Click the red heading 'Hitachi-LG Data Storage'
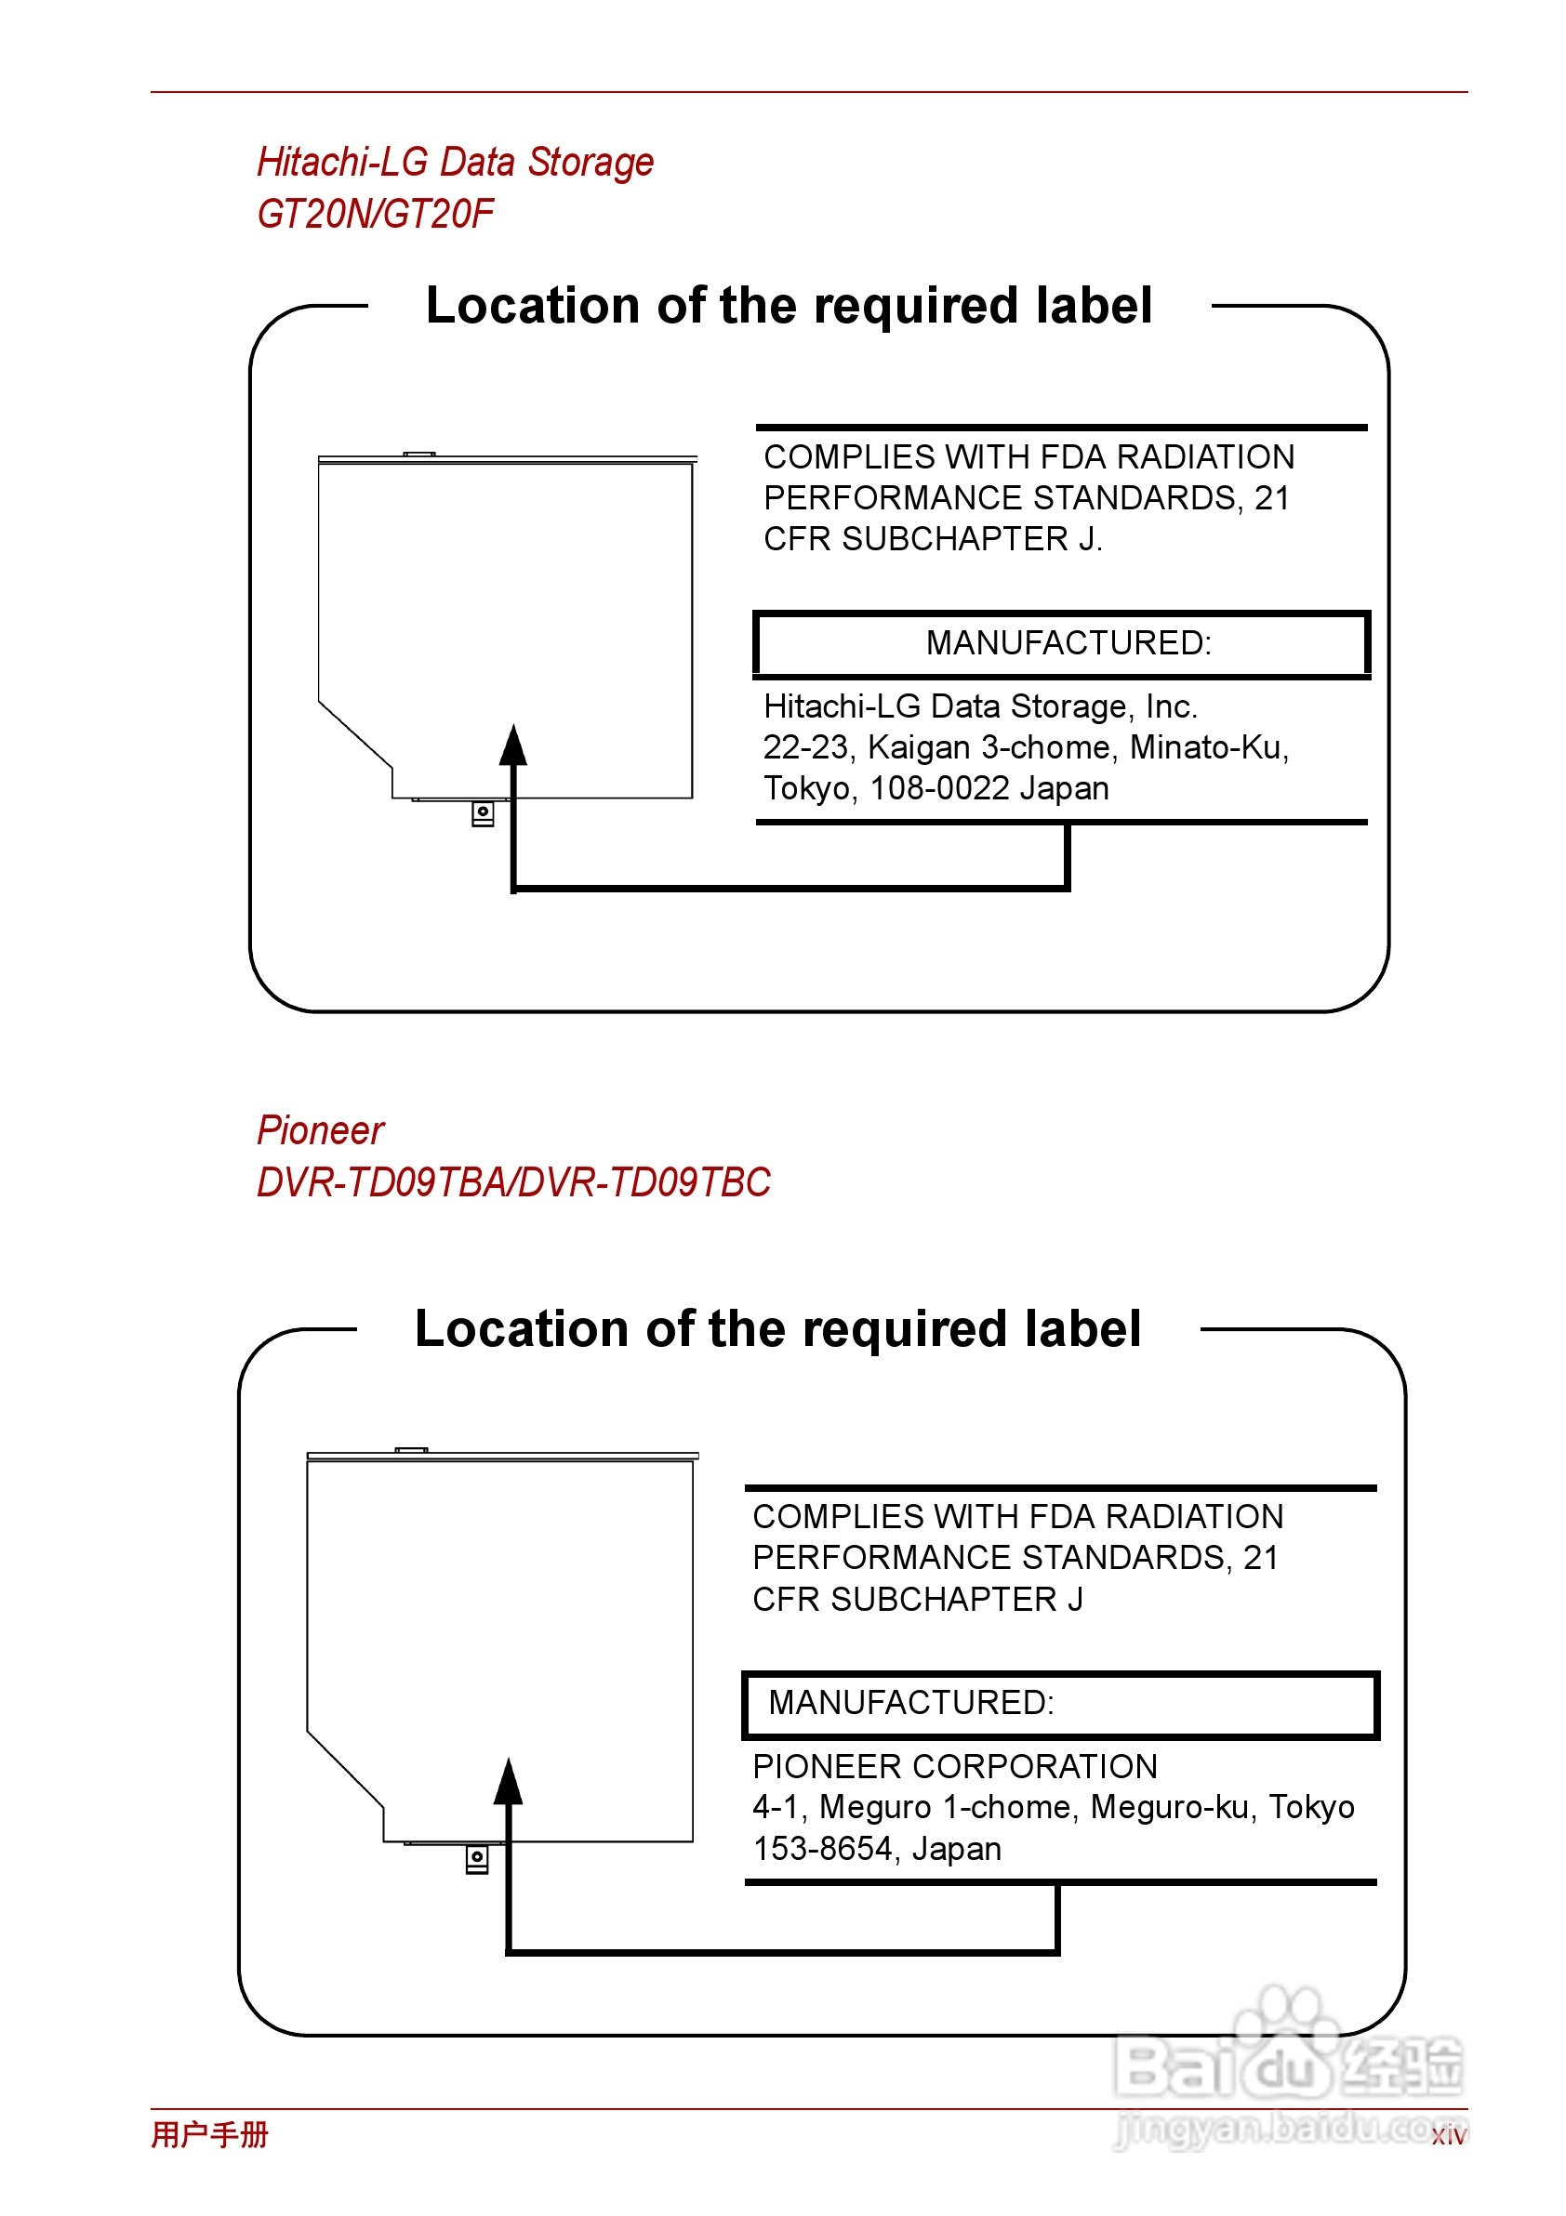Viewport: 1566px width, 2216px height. (x=455, y=162)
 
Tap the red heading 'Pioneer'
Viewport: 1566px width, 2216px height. (x=321, y=1130)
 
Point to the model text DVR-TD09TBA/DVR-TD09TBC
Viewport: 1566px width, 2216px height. (x=513, y=1182)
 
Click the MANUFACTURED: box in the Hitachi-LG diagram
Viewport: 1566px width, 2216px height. (x=1062, y=644)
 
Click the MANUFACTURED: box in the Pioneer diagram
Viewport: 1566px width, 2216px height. (x=1060, y=1704)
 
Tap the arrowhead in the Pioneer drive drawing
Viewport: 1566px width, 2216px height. (x=508, y=1783)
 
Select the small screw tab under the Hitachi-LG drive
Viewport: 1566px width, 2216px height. (x=483, y=812)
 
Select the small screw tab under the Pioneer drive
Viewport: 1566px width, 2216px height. (x=477, y=1858)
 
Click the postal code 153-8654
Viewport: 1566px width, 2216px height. (x=823, y=1848)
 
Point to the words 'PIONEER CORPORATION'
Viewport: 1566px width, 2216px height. (x=955, y=1766)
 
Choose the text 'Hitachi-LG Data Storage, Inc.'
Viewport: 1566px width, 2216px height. (x=980, y=706)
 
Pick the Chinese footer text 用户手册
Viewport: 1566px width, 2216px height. (x=209, y=2134)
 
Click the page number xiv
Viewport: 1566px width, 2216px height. (x=1448, y=2136)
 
